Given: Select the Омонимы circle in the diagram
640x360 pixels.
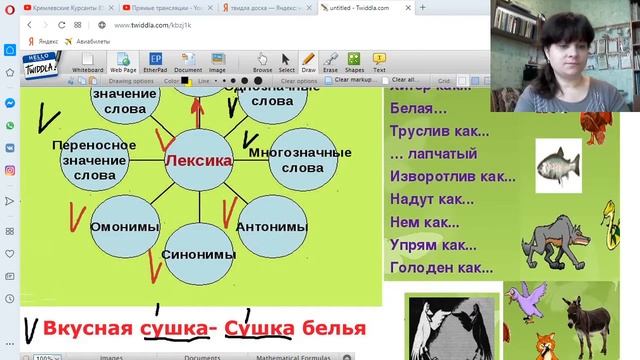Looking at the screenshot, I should pyautogui.click(x=120, y=226).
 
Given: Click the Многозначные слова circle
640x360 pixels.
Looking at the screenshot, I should pyautogui.click(x=288, y=159).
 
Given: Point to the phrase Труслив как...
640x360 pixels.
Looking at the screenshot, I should pyautogui.click(x=439, y=130).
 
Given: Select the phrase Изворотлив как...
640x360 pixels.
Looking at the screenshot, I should pyautogui.click(x=451, y=176).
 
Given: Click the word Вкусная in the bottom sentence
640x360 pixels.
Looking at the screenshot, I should pyautogui.click(x=88, y=327).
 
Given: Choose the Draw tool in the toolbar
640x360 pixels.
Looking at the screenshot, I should pyautogui.click(x=309, y=62).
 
